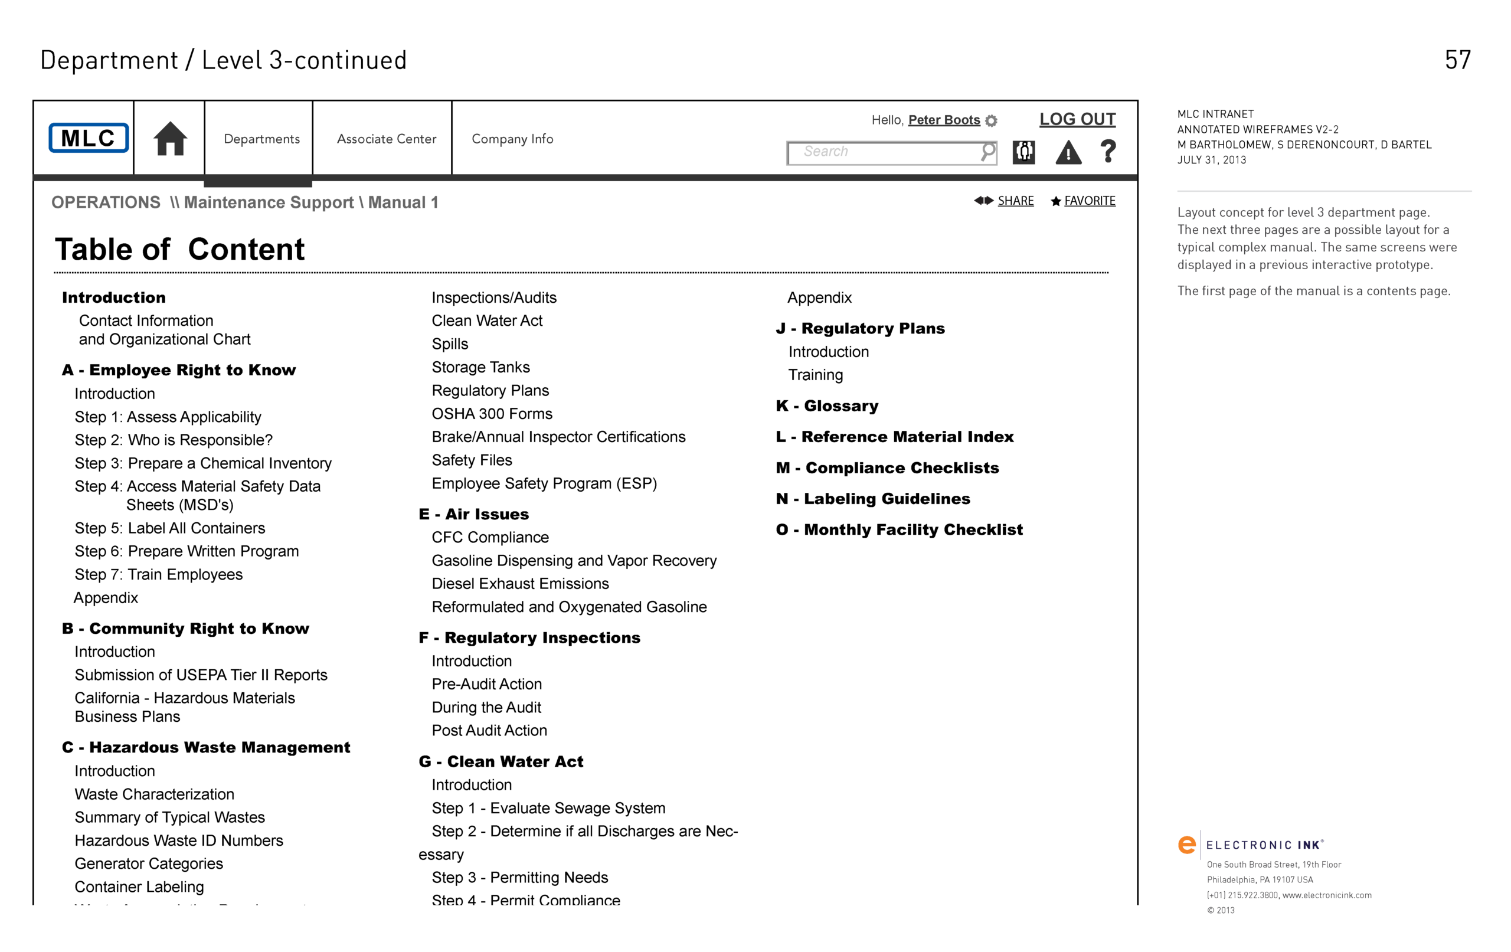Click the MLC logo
click(x=89, y=138)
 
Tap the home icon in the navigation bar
click(x=170, y=138)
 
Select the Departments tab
click(x=261, y=139)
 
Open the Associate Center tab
click(x=387, y=139)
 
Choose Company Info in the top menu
click(x=512, y=139)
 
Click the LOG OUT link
click(x=1077, y=119)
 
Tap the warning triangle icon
click(x=1068, y=152)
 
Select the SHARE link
click(x=1015, y=201)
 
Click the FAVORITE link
click(x=1090, y=201)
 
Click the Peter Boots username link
click(x=944, y=120)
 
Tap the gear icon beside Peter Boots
click(x=991, y=120)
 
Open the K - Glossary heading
click(x=827, y=406)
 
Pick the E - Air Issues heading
click(x=474, y=514)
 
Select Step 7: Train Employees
click(x=158, y=574)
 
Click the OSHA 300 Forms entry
click(x=492, y=414)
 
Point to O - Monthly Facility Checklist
click(x=899, y=529)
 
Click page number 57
click(x=1457, y=60)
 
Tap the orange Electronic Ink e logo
click(x=1186, y=845)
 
